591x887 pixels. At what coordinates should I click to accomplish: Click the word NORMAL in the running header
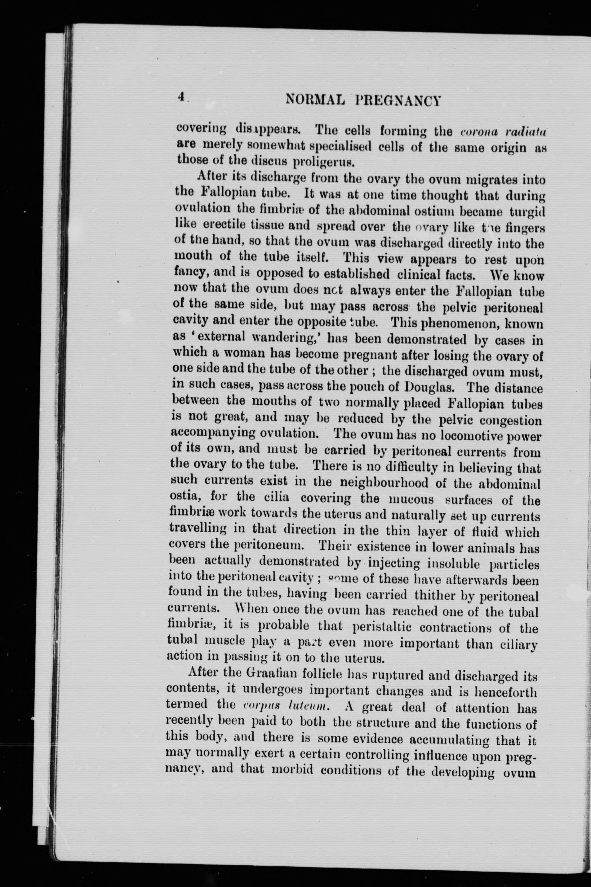315,100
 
